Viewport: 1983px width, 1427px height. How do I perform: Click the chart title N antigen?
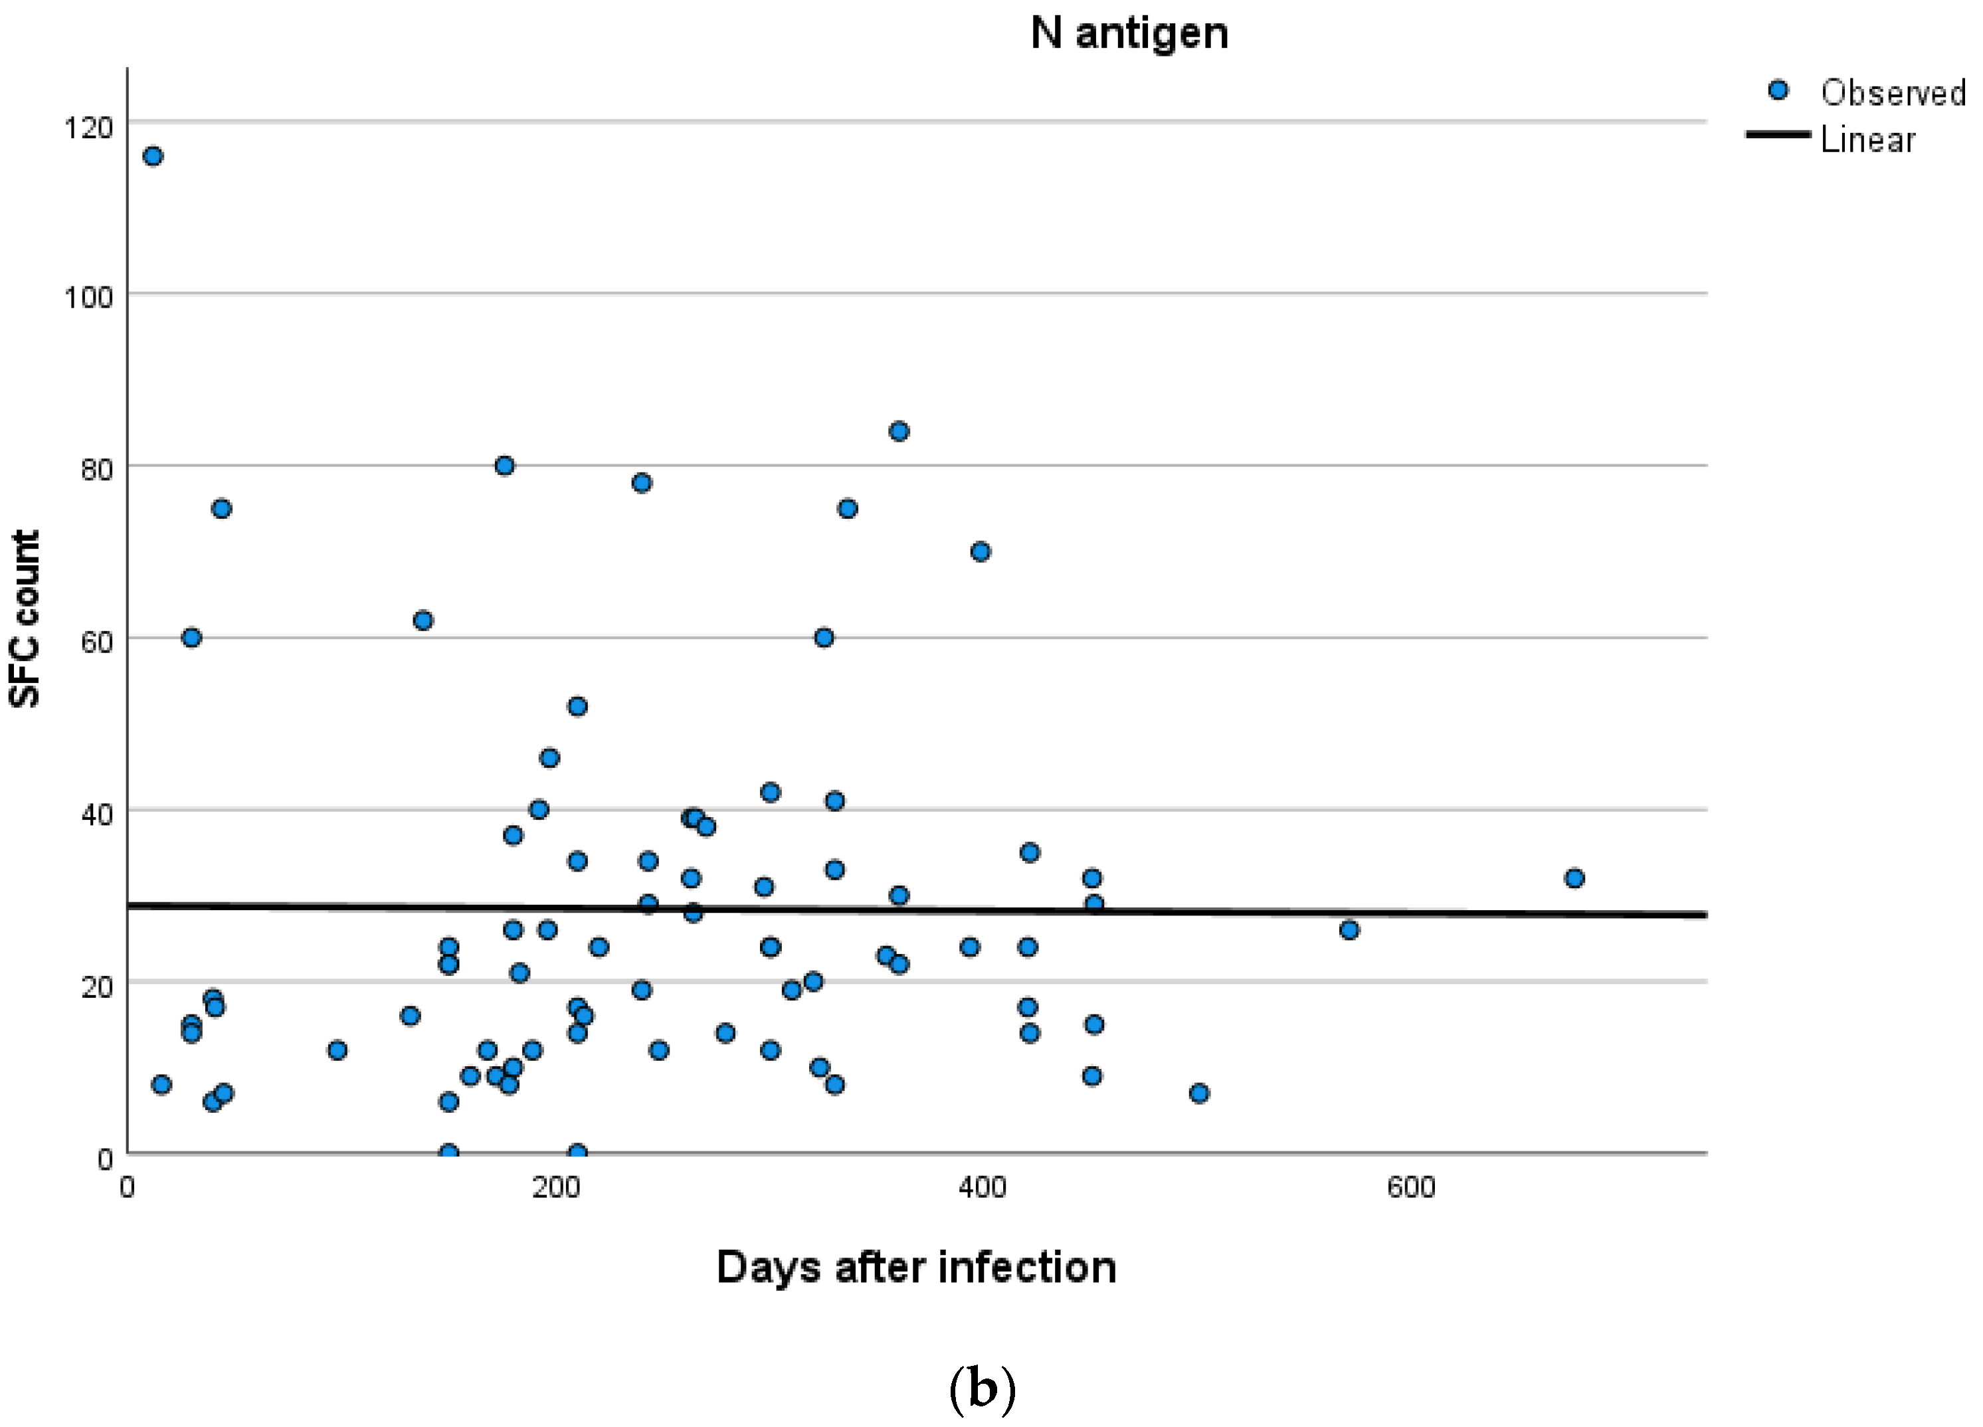pyautogui.click(x=1129, y=33)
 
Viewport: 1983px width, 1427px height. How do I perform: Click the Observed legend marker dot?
pyautogui.click(x=1778, y=90)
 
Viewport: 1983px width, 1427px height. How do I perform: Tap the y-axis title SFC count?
pyautogui.click(x=25, y=618)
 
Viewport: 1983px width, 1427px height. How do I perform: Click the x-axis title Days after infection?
pyautogui.click(x=915, y=1267)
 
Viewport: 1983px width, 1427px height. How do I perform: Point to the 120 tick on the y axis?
pyautogui.click(x=88, y=128)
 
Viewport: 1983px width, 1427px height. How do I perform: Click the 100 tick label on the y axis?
pyautogui.click(x=88, y=298)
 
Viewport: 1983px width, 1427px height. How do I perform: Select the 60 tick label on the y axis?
pyautogui.click(x=96, y=642)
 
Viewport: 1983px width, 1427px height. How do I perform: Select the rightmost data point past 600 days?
pyautogui.click(x=1574, y=878)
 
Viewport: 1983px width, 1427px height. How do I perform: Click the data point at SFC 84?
pyautogui.click(x=899, y=431)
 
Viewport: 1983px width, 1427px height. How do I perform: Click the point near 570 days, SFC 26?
pyautogui.click(x=1349, y=929)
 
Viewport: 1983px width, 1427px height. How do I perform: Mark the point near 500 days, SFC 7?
pyautogui.click(x=1198, y=1093)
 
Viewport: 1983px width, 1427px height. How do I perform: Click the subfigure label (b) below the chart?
pyautogui.click(x=982, y=1388)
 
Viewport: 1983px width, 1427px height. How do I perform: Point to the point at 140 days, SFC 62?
pyautogui.click(x=423, y=620)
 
